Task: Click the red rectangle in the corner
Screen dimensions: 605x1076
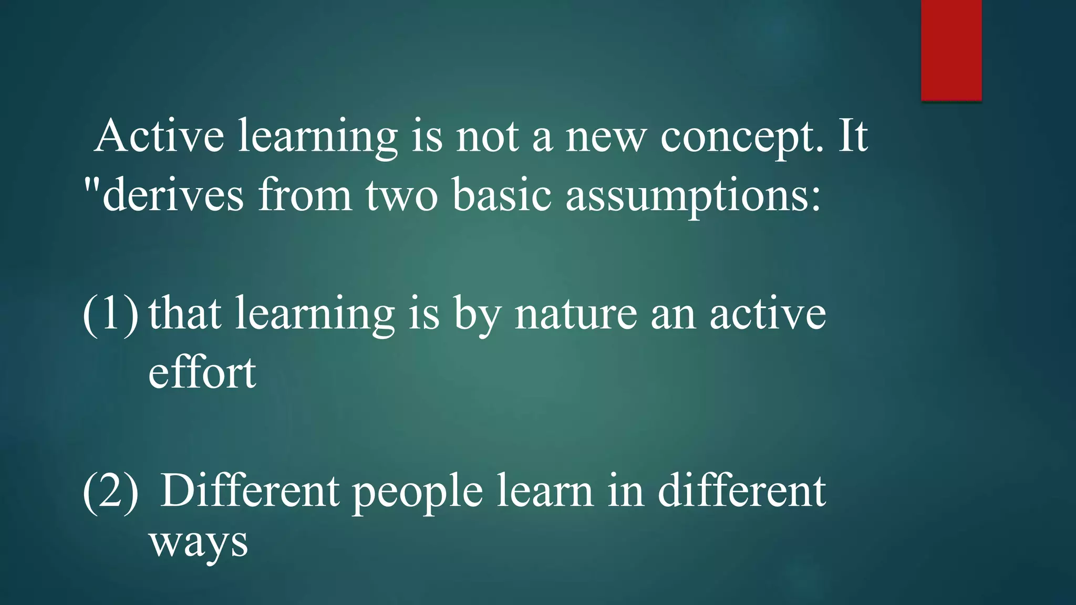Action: pos(951,50)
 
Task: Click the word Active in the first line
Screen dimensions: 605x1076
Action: pos(160,136)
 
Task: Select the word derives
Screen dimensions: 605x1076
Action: pos(173,195)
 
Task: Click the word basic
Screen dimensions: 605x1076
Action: pos(501,195)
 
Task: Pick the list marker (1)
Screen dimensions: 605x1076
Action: pos(110,314)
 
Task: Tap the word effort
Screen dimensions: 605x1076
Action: pos(202,372)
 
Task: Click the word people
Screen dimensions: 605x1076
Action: pos(417,492)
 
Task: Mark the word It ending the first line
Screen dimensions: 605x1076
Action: pos(852,136)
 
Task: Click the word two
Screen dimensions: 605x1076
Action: pos(401,195)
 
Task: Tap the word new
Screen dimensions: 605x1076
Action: pos(605,137)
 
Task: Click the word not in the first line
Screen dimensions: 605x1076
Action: pos(487,137)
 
